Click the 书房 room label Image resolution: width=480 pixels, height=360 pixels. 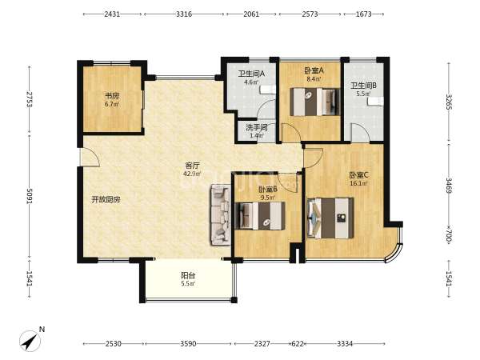112,95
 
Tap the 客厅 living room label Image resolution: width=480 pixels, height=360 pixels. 193,166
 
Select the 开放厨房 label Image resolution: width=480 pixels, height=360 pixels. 106,200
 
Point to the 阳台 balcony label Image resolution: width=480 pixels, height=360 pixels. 188,275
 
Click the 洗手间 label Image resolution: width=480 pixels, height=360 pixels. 257,127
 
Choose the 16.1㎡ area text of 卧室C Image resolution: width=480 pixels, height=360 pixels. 358,183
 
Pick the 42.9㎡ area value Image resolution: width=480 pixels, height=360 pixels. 192,174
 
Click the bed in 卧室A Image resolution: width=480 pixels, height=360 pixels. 315,102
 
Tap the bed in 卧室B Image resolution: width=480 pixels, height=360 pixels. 260,215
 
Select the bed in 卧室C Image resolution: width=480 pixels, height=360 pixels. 330,218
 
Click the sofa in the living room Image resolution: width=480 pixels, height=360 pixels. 220,214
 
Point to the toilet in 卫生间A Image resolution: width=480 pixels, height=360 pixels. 268,90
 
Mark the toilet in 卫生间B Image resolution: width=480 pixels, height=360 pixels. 376,101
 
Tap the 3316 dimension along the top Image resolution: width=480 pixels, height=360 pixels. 184,14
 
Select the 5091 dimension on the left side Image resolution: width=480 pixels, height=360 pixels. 30,196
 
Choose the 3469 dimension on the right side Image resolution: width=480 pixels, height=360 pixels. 449,185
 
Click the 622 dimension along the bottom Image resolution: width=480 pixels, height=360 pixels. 298,344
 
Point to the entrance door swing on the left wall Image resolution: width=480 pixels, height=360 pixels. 90,157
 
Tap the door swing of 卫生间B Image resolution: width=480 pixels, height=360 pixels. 360,133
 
